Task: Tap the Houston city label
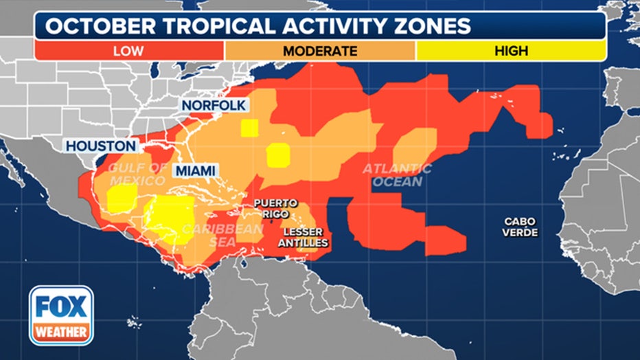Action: tap(101, 146)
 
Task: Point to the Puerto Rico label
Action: tap(275, 208)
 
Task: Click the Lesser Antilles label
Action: tap(305, 238)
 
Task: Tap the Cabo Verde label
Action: tap(520, 227)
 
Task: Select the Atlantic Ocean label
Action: tap(397, 175)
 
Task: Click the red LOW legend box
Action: tap(129, 50)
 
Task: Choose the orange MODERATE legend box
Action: tap(320, 50)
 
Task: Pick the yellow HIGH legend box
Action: tap(511, 50)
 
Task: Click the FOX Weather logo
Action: tap(61, 315)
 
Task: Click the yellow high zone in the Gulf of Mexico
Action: tap(122, 199)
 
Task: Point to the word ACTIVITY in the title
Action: tap(328, 26)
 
